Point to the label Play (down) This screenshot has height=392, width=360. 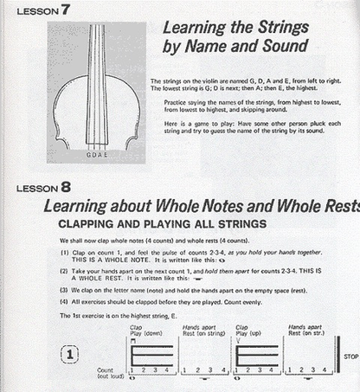(x=146, y=333)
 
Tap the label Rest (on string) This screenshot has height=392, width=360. (x=201, y=333)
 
